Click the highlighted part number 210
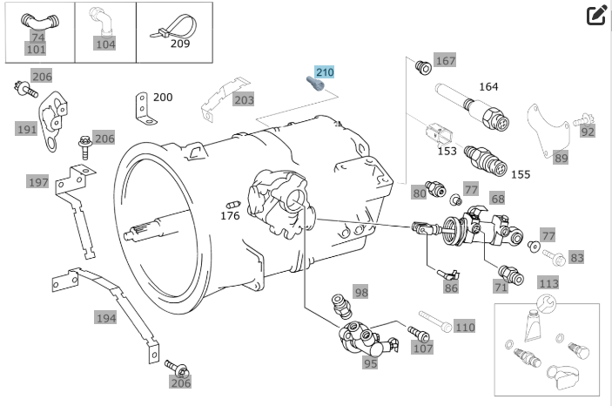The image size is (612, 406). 325,72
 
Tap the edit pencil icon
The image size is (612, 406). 596,16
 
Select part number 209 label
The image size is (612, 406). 180,44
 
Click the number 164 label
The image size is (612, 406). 488,86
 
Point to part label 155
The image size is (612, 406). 520,174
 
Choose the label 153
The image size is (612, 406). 447,151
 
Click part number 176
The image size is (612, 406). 230,215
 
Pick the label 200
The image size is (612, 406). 163,97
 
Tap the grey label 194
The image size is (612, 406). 105,318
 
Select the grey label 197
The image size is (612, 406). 37,182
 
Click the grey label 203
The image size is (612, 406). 244,100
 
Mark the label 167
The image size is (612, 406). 445,61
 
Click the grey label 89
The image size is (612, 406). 561,158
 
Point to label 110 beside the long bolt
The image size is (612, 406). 465,327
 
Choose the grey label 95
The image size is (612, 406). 370,363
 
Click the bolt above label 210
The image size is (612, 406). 313,84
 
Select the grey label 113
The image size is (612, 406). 548,283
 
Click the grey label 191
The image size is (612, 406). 27,129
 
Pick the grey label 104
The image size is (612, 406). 105,44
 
